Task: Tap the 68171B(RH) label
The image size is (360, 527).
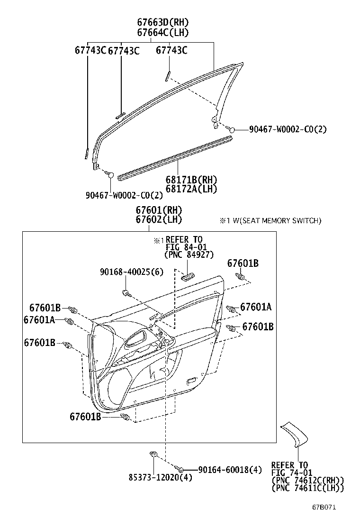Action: coord(191,180)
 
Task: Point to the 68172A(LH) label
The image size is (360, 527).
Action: coord(191,189)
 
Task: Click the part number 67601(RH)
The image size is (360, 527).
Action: coord(159,210)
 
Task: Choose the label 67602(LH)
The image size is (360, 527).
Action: coord(159,219)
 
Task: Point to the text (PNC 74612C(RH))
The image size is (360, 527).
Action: coord(307,480)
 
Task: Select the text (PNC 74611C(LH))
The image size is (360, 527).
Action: coord(307,488)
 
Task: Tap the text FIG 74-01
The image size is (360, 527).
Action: coord(290,472)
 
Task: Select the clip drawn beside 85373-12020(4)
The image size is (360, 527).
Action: coord(153,455)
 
